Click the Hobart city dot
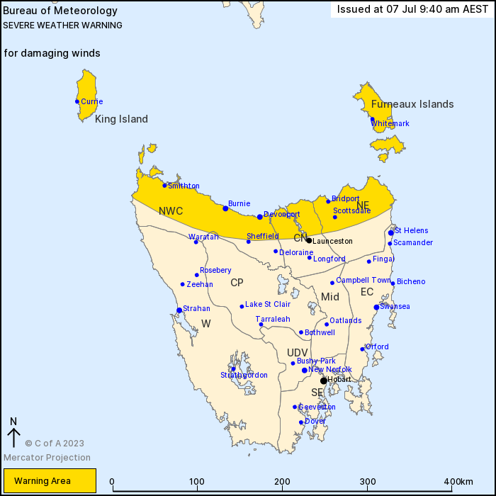(324, 381)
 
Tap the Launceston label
(332, 241)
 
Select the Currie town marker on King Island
(77, 101)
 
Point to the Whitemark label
(390, 123)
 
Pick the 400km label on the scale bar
(459, 482)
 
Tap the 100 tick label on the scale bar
(197, 482)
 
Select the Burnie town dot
(225, 208)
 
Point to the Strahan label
(196, 309)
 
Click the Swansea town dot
(376, 307)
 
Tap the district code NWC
(171, 211)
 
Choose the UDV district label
(298, 352)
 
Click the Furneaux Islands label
(412, 104)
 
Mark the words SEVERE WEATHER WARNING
(63, 26)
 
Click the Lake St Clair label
(268, 305)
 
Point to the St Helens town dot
(391, 232)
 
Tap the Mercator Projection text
(47, 457)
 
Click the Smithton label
(184, 186)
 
